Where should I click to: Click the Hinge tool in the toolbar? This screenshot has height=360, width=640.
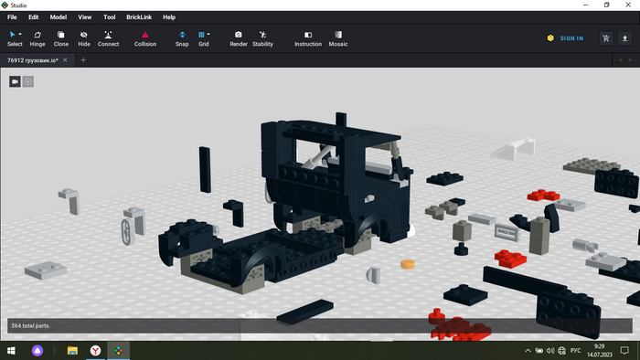37,38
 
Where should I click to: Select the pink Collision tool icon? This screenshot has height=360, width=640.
144,35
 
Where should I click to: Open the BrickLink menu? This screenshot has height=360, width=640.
139,17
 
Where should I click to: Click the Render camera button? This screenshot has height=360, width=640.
239,38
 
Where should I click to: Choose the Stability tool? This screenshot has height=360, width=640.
262,38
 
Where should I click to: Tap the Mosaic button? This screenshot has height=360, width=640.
338,38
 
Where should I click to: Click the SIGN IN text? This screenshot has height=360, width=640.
571,38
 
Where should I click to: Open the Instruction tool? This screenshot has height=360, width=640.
308,38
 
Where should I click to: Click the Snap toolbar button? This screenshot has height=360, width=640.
182,38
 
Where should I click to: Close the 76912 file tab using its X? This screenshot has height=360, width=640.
65,60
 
